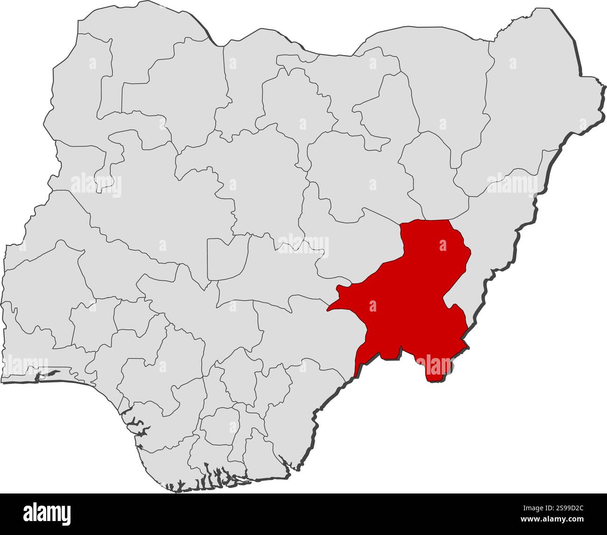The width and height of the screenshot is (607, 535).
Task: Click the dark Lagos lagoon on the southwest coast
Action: pos(49,374)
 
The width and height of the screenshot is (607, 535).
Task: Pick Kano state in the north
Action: pos(294,103)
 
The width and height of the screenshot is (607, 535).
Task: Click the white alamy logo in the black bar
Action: pos(47,513)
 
